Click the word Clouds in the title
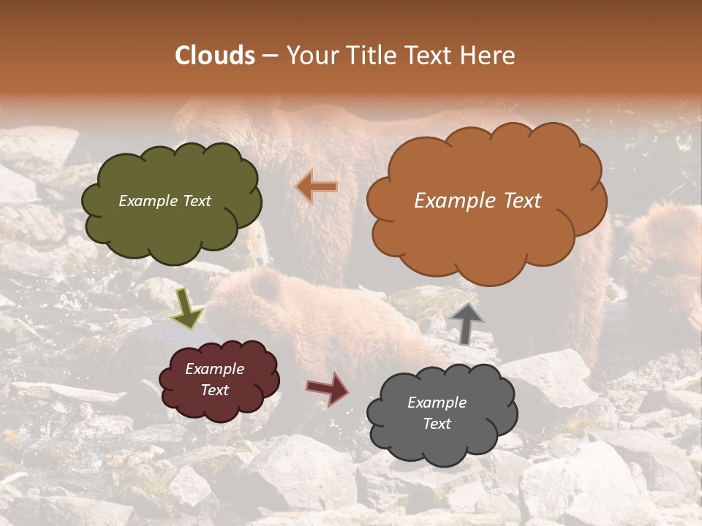pyautogui.click(x=215, y=56)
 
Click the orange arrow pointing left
pyautogui.click(x=317, y=187)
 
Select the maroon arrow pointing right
pyautogui.click(x=327, y=389)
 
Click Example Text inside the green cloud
pyautogui.click(x=165, y=201)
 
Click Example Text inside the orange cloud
pyautogui.click(x=478, y=201)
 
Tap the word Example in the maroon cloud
pyautogui.click(x=214, y=369)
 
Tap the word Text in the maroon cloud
pyautogui.click(x=214, y=390)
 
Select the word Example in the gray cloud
pyautogui.click(x=437, y=403)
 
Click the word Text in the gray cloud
pyautogui.click(x=437, y=424)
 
